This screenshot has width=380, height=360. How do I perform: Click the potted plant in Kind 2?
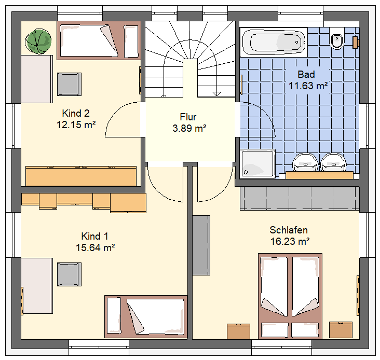38,41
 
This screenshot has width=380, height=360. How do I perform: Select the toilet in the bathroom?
336,38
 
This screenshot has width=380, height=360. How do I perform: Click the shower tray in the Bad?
257,163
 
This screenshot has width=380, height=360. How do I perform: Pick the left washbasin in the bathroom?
305,163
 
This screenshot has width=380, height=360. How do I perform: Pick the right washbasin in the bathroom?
334,163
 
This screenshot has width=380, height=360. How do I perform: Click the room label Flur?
188,117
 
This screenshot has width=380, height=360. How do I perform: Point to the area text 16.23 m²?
290,241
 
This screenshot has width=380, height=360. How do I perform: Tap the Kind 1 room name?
95,237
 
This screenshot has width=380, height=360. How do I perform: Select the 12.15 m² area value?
76,124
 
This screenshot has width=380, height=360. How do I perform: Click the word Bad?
306,74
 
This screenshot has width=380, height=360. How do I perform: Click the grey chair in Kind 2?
70,84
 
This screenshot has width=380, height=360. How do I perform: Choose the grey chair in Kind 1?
70,274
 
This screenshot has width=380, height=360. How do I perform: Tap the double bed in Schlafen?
290,296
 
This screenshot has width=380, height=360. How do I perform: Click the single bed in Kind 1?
146,316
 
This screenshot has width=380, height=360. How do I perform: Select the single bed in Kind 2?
99,40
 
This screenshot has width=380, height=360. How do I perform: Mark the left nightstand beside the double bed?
238,331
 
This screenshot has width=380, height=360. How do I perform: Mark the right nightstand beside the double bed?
341,330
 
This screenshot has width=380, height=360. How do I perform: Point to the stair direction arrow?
216,94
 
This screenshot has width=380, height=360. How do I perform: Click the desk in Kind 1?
37,286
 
